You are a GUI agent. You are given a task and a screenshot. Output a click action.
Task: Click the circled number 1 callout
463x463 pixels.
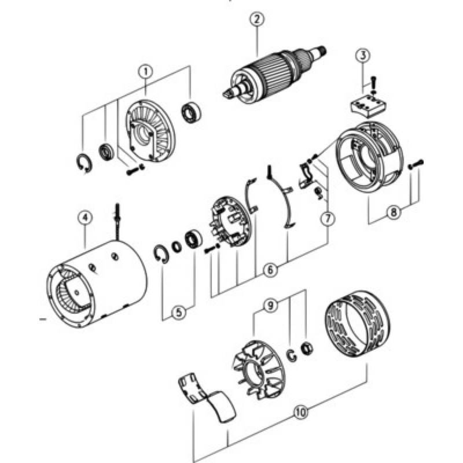tap(145, 72)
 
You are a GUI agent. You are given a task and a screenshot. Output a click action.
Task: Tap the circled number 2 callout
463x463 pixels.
tap(256, 19)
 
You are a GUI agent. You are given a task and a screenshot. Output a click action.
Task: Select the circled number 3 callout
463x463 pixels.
tap(363, 55)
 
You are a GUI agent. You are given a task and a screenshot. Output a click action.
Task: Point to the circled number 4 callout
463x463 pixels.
tap(85, 218)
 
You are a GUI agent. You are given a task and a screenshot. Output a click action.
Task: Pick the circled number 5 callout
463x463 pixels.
tap(179, 313)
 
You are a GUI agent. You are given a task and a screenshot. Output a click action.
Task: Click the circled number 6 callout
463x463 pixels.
tap(270, 270)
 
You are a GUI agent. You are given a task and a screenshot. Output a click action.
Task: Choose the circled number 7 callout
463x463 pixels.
tap(328, 219)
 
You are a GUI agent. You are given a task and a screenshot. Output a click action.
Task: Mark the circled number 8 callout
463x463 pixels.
tap(394, 212)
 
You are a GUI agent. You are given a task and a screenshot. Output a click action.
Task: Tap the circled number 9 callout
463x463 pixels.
tap(270, 306)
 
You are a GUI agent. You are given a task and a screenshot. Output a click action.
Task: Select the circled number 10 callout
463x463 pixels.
tap(301, 411)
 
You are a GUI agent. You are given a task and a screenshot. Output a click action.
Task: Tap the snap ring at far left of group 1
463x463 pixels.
tap(84, 163)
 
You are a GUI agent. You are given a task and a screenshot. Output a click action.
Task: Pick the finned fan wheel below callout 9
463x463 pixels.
tap(259, 370)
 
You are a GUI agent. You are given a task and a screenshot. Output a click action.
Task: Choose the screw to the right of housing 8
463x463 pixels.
tap(416, 164)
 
